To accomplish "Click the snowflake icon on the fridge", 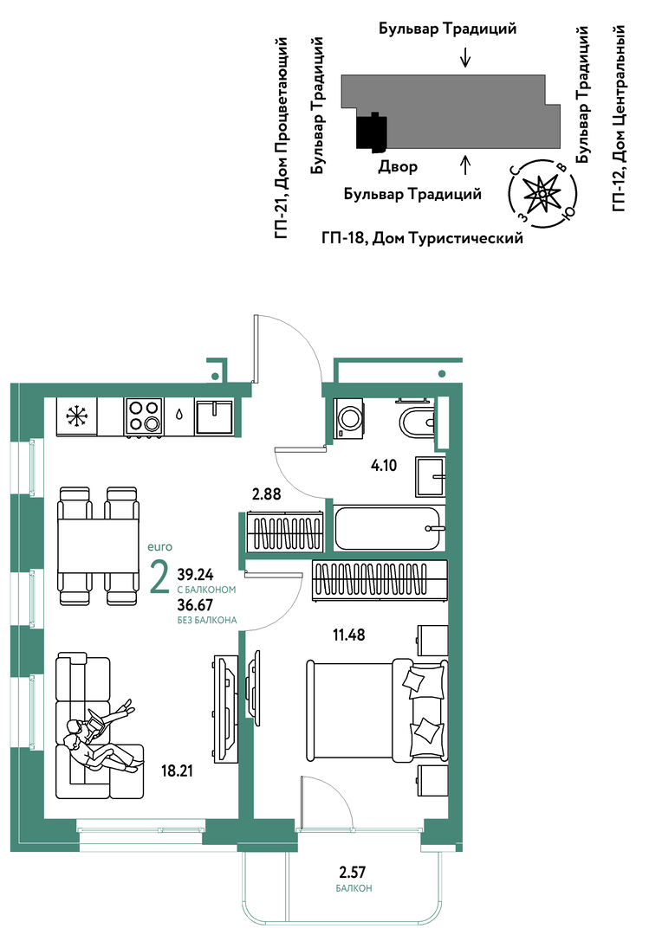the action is [76, 416].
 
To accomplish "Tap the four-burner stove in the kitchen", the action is [144, 416].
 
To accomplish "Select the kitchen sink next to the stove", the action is [214, 416].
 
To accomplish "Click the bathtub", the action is [389, 528].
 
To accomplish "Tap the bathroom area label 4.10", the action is [383, 465].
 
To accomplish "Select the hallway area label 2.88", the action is [266, 493].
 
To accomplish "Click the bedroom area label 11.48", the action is [348, 635].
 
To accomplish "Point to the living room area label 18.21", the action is [178, 771].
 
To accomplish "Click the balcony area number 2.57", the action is [353, 873].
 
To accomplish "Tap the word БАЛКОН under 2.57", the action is [354, 888].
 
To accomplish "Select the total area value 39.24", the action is [195, 574].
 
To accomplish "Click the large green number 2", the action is [159, 577].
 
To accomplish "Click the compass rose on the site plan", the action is [542, 194].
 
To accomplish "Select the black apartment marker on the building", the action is [372, 131].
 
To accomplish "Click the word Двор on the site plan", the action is [398, 166].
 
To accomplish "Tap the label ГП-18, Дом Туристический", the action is [422, 238].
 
